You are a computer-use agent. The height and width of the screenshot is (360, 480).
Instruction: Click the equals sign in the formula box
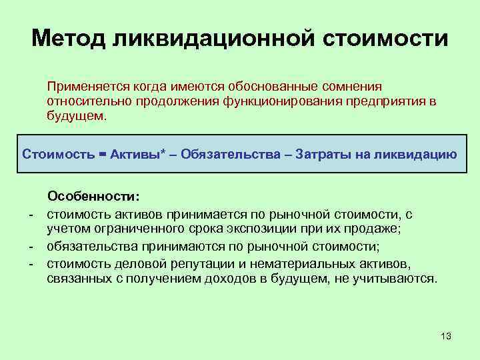[102, 155]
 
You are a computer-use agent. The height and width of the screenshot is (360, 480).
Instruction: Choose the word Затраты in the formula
[317, 155]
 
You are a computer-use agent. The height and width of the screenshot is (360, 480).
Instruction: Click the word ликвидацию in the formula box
[415, 155]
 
